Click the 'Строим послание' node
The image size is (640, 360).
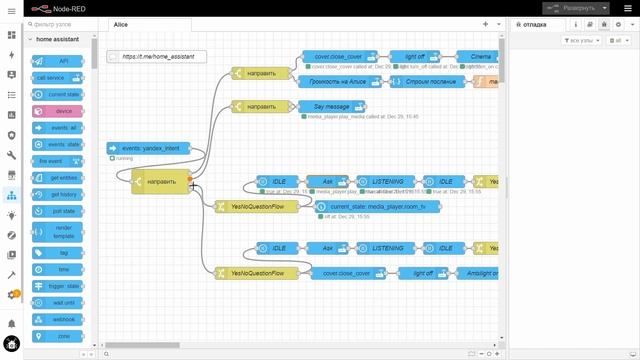pos(426,80)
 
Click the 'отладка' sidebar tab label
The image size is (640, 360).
pos(536,22)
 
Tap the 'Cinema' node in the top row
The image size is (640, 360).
pos(475,57)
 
